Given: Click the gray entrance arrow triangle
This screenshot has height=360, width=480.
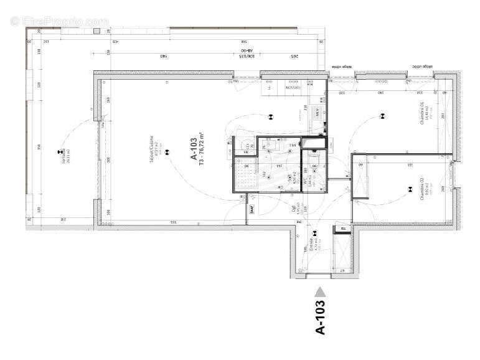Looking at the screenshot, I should click(x=320, y=291).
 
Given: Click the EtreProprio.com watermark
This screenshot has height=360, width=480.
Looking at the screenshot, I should click(x=59, y=21).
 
